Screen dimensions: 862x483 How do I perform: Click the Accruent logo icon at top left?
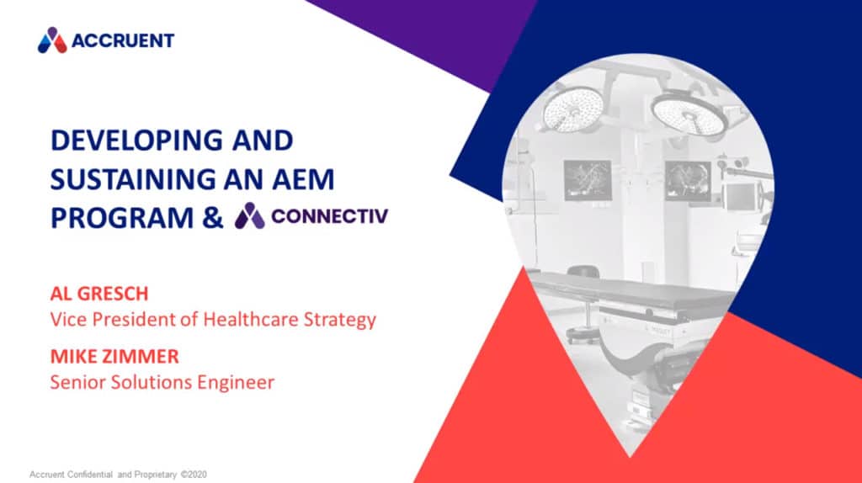(x=52, y=40)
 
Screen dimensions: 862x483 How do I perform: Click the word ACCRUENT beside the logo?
(x=123, y=40)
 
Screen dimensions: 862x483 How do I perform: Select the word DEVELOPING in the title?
(x=136, y=141)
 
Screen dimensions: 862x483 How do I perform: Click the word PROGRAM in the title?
(x=122, y=218)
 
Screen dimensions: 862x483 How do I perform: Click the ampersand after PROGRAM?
(x=213, y=218)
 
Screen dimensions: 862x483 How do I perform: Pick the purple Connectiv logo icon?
(x=249, y=215)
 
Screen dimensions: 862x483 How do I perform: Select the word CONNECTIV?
(x=330, y=216)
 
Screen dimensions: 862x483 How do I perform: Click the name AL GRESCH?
(x=99, y=294)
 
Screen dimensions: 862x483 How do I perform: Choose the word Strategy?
(x=340, y=320)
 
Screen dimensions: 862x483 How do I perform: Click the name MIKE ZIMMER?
(x=114, y=356)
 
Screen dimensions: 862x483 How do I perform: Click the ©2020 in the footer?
(x=194, y=475)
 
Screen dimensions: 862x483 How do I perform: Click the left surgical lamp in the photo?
(x=572, y=109)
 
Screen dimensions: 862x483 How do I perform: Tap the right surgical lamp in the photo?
(x=689, y=114)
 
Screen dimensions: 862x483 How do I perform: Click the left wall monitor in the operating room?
(x=588, y=180)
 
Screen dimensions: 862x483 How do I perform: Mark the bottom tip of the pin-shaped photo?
(x=630, y=457)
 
